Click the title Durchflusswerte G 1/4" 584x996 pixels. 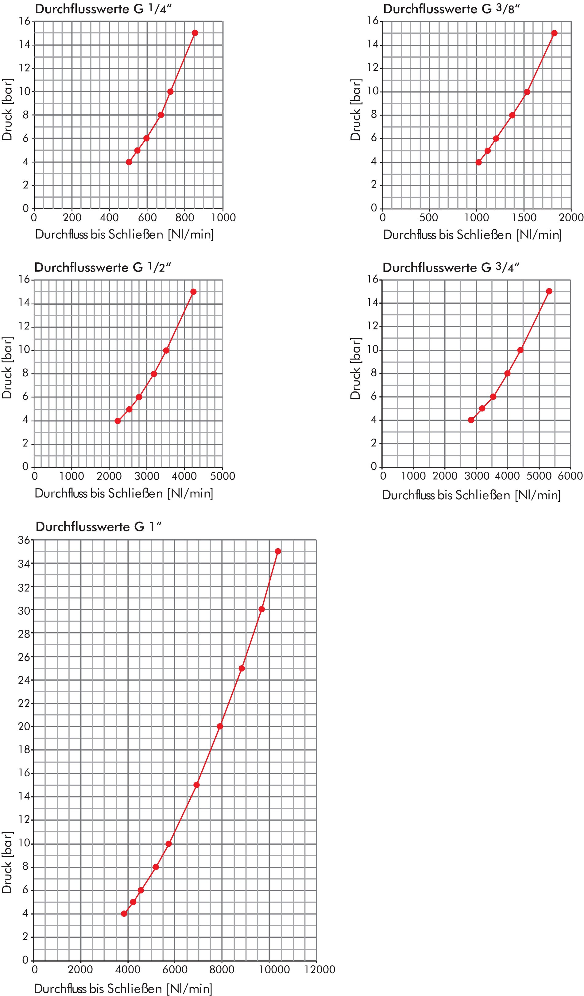click(103, 9)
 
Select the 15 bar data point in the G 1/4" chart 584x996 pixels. click(195, 33)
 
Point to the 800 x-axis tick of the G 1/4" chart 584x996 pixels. click(185, 217)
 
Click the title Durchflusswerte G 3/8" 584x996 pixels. click(451, 9)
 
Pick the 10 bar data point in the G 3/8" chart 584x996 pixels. click(527, 92)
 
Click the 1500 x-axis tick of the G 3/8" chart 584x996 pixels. click(524, 217)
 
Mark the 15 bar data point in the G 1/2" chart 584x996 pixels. click(193, 292)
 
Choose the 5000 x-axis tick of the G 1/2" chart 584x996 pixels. click(222, 476)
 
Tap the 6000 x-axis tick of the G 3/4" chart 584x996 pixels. click(570, 476)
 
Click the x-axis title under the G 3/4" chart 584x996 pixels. click(471, 495)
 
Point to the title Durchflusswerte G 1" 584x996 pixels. click(99, 527)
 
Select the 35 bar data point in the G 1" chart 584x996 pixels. click(278, 551)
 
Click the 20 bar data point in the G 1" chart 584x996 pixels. click(220, 726)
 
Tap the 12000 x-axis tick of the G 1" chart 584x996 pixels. click(316, 969)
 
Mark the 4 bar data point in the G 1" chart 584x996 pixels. click(124, 913)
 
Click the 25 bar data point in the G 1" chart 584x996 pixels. click(242, 668)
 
